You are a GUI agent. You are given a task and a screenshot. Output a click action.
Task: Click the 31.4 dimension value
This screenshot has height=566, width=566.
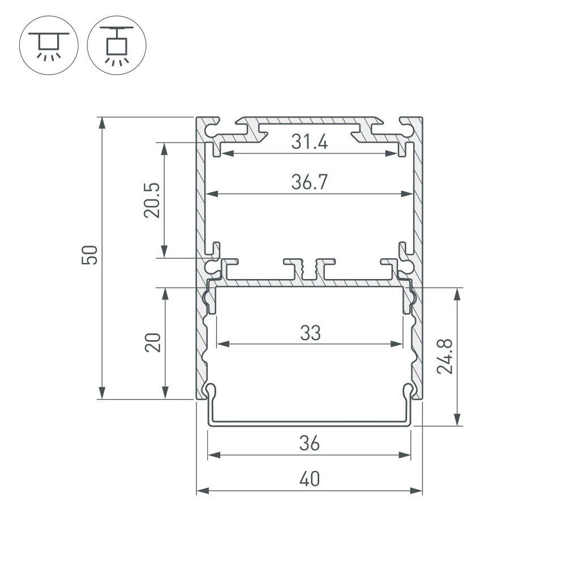coord(310,143)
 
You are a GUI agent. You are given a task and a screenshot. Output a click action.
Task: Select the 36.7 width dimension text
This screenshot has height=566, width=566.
coord(310,182)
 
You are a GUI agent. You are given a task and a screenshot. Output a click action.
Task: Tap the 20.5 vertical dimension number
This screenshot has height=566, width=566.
coord(152,200)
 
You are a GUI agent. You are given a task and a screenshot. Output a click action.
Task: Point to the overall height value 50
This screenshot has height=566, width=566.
coord(91,255)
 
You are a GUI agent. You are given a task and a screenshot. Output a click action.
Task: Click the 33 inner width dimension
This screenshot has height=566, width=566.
coord(310,333)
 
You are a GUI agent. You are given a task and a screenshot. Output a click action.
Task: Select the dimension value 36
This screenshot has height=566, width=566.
coord(310,443)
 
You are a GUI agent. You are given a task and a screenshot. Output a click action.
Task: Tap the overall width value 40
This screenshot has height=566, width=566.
coord(310,479)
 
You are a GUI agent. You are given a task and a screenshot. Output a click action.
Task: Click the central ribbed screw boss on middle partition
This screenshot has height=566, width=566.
coord(309,269)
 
